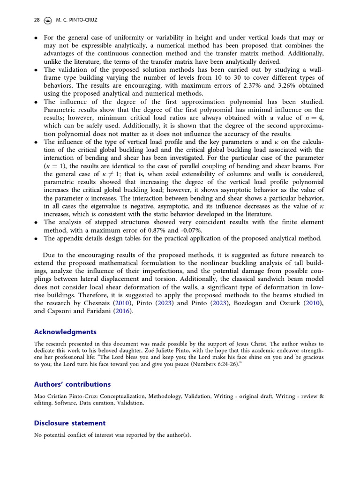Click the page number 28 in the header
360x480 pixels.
pos(37,20)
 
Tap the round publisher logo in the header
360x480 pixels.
pos(47,20)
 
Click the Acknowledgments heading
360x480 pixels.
pos(65,332)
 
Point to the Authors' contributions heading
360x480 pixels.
pos(72,384)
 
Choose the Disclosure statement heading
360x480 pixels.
pos(69,423)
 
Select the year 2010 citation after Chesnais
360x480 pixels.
pos(124,303)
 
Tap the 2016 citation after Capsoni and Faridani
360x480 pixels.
pos(123,311)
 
